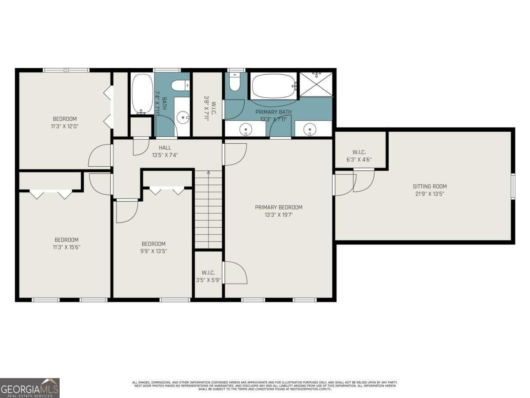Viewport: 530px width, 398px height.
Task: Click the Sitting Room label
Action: point(429,186)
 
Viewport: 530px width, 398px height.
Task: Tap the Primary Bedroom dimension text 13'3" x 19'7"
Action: point(278,215)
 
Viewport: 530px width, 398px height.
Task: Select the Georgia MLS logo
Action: point(30,388)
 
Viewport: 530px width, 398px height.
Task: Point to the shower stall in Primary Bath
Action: point(316,84)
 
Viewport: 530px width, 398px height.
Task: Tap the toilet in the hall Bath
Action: point(180,85)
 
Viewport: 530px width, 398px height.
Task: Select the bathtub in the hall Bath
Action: point(142,94)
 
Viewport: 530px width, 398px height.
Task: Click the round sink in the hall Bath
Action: point(182,117)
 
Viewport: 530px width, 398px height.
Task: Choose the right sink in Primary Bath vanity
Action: point(310,130)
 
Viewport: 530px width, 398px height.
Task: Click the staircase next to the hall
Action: point(208,210)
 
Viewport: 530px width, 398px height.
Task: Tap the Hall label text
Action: point(165,148)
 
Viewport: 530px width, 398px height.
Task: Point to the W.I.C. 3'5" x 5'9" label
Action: point(208,276)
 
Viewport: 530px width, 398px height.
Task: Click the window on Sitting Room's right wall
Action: point(513,186)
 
